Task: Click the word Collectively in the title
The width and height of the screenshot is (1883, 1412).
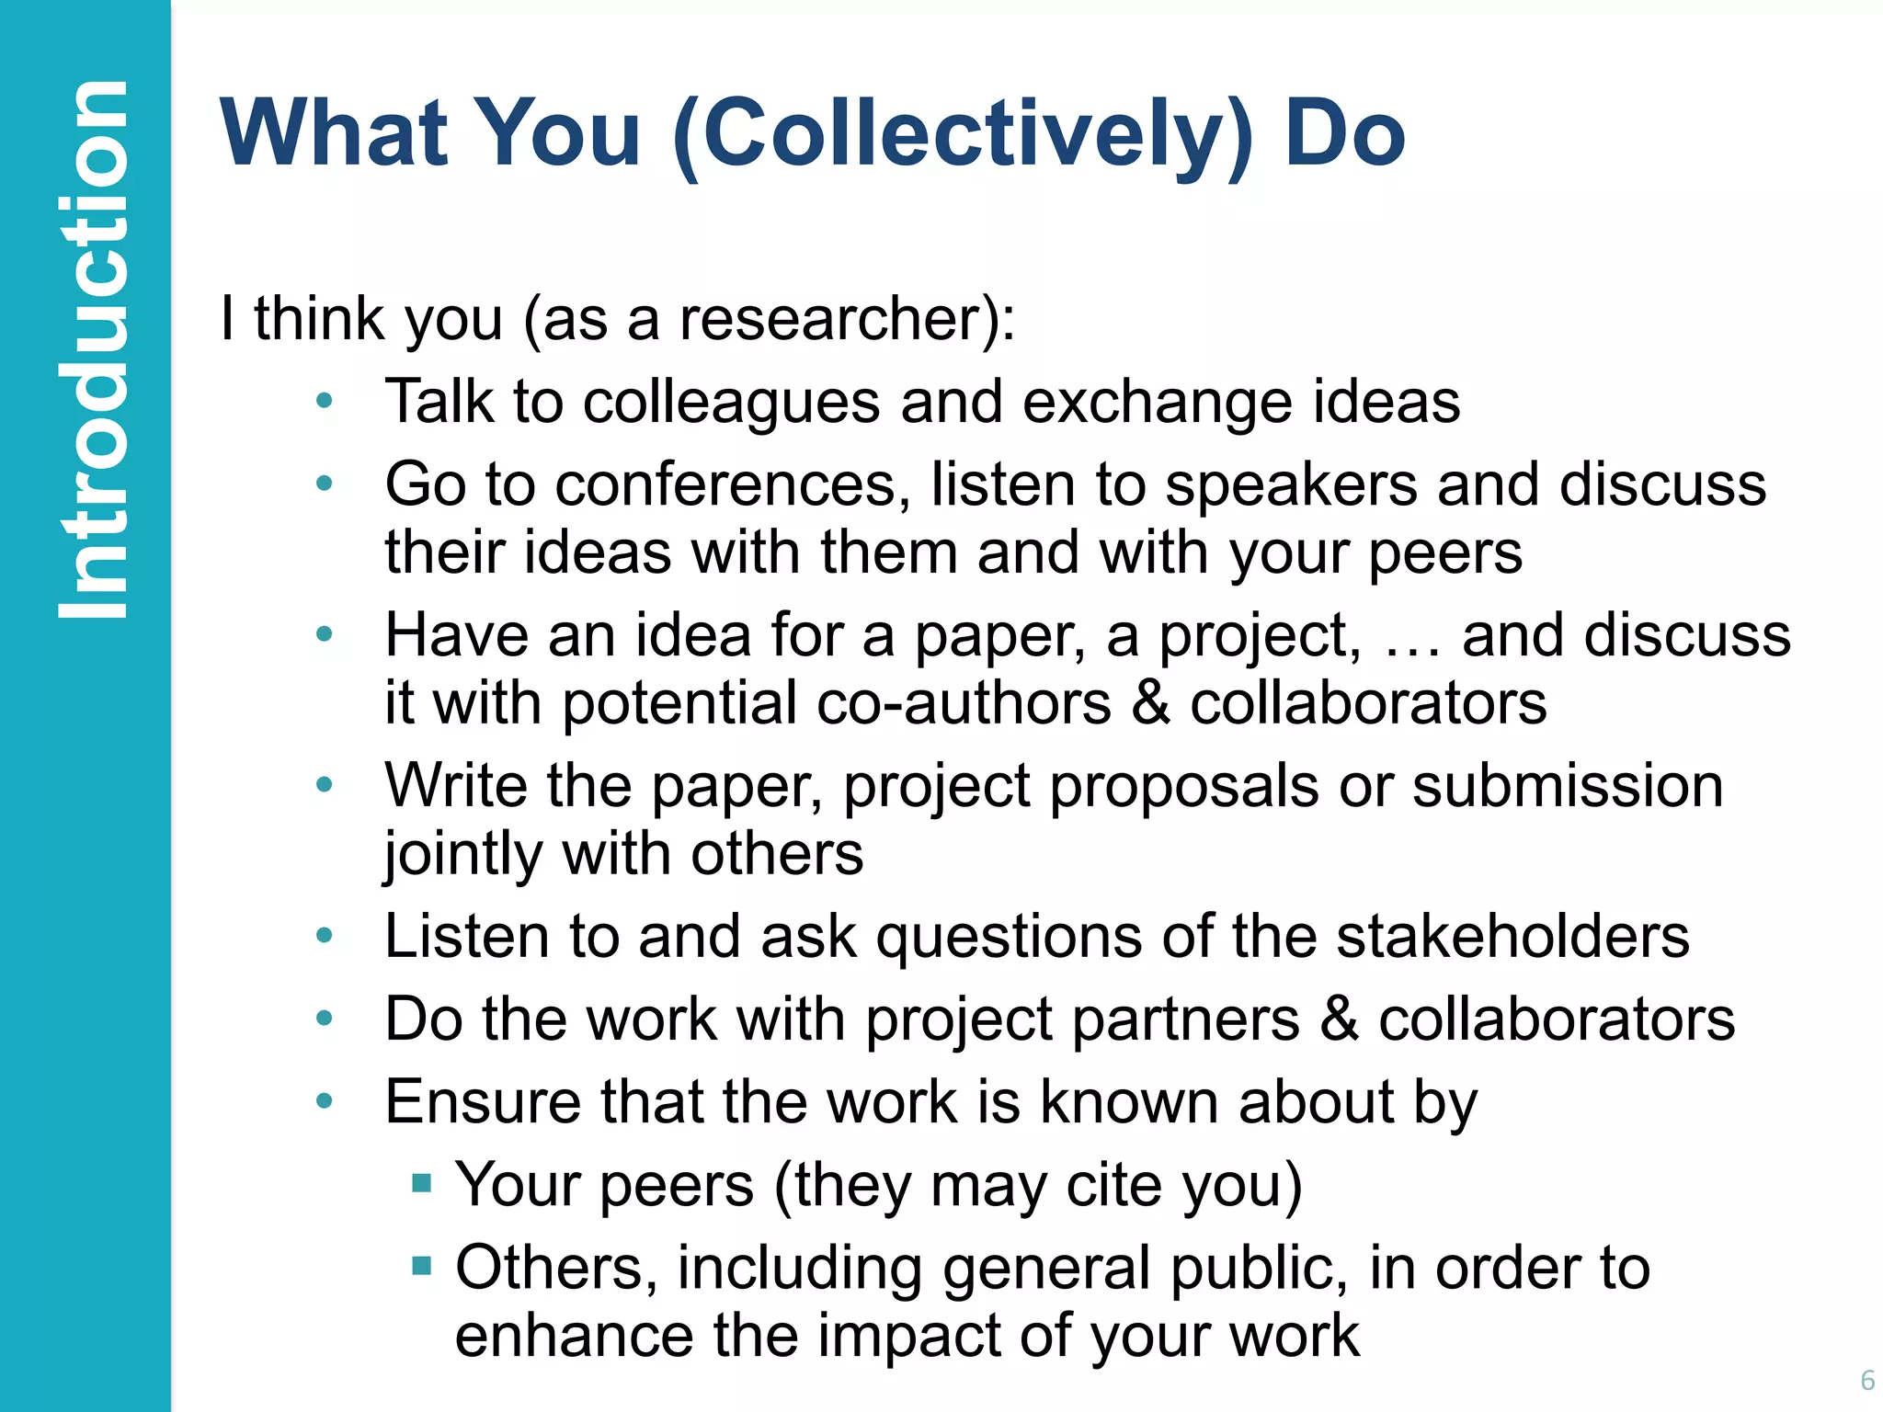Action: (962, 135)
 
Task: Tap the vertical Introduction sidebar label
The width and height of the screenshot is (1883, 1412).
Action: (92, 349)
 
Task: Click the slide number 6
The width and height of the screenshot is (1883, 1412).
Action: (1866, 1380)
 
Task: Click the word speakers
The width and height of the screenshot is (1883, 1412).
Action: (1291, 485)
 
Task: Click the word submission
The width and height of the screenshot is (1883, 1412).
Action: (1567, 787)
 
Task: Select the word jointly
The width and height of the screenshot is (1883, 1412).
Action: (463, 855)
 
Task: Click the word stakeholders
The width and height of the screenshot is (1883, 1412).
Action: (1512, 937)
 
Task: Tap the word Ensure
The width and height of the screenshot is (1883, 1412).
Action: (483, 1102)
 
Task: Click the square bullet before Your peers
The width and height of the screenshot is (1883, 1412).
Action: (422, 1182)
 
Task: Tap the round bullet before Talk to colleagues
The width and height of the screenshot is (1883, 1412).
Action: (324, 401)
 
